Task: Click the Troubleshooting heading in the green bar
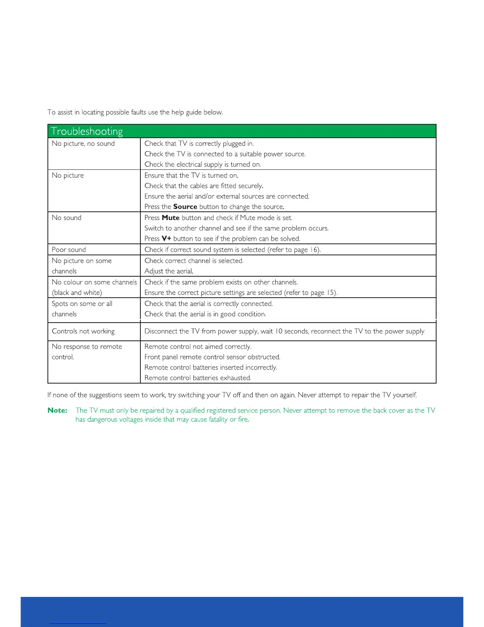(87, 131)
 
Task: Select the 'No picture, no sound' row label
(83, 144)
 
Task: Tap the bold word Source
(185, 207)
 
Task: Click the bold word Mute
(170, 218)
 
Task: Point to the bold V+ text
(166, 239)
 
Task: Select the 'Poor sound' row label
(69, 250)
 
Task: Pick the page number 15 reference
(331, 293)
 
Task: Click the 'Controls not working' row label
(83, 331)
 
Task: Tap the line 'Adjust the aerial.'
(169, 272)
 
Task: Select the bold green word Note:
(57, 410)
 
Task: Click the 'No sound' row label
(66, 218)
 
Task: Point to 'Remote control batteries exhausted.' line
(198, 378)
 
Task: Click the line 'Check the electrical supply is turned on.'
(202, 165)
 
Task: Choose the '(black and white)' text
(77, 293)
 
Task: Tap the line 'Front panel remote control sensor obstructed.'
(212, 357)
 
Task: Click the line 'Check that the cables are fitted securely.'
(204, 186)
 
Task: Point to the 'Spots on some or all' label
(82, 304)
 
